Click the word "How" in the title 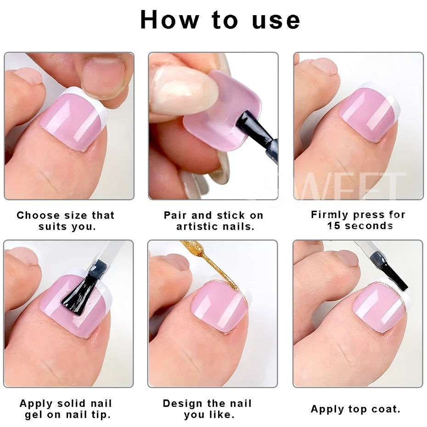[169, 20]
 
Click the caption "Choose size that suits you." [65, 221]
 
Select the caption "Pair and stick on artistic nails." [213, 221]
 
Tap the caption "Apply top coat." [355, 409]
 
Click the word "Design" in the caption [183, 404]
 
